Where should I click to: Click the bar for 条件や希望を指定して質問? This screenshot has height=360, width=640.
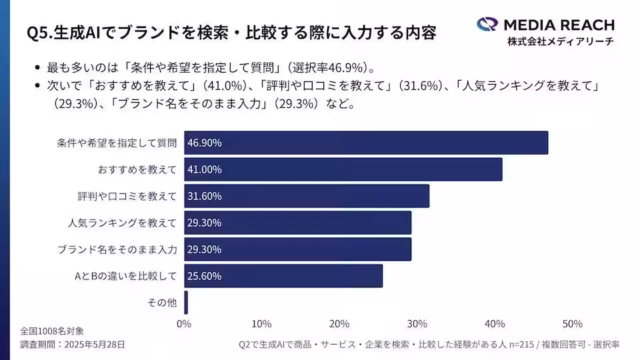click(366, 143)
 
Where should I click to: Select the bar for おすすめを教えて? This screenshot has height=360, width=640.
click(343, 169)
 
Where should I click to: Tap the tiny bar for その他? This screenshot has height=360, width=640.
click(186, 303)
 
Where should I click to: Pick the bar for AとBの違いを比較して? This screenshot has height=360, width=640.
click(283, 276)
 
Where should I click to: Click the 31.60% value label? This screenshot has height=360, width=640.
click(205, 196)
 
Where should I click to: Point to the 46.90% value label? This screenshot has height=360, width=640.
click(205, 143)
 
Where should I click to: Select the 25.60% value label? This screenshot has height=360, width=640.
click(205, 276)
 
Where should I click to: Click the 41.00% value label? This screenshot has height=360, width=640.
click(205, 169)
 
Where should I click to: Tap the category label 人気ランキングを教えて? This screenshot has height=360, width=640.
click(123, 223)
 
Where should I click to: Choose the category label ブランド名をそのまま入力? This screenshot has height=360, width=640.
click(117, 249)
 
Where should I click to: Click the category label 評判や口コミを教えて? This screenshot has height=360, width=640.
click(127, 196)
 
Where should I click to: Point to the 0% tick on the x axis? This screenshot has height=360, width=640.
click(184, 324)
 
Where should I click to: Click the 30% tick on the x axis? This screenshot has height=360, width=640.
click(417, 324)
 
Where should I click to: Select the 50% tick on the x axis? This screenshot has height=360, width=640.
click(572, 324)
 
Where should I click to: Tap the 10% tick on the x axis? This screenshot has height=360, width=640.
click(261, 324)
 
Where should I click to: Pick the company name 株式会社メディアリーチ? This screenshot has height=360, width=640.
click(560, 41)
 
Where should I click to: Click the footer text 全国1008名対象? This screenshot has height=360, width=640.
click(52, 331)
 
